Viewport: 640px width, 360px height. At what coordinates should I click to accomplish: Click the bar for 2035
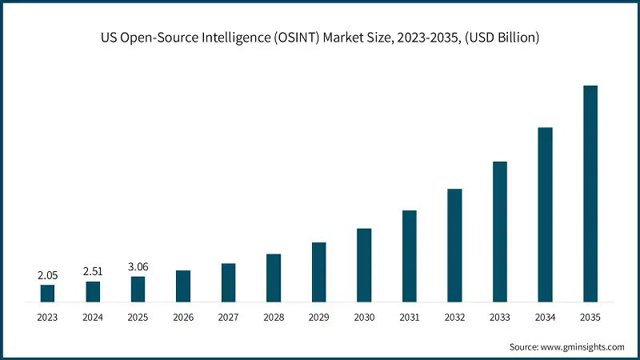tap(590, 194)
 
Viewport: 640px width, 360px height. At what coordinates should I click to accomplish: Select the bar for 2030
tap(364, 265)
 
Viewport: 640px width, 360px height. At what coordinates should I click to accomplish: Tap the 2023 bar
tap(47, 294)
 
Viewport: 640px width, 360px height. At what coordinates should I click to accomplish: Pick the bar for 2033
tap(500, 232)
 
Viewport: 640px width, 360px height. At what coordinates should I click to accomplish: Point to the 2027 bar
tap(228, 282)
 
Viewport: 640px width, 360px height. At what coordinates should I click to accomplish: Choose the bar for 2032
tap(454, 246)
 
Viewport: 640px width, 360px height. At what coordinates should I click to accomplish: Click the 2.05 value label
tap(47, 275)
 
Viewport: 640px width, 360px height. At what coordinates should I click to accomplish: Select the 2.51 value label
tap(93, 272)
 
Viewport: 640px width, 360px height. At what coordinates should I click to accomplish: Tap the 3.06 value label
tap(138, 267)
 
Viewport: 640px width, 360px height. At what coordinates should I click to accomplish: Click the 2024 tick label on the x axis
tap(93, 318)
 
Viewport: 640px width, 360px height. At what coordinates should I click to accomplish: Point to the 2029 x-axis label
tap(318, 318)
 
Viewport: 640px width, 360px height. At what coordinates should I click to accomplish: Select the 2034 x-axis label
tap(545, 318)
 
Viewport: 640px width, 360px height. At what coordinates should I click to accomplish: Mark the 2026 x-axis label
tap(183, 318)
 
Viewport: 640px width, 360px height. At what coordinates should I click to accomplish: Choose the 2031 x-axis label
tap(409, 318)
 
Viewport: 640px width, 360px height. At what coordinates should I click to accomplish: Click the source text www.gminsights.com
tap(583, 347)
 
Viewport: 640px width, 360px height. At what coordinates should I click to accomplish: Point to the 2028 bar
tap(274, 278)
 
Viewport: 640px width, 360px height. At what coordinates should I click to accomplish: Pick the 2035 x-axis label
tap(590, 318)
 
